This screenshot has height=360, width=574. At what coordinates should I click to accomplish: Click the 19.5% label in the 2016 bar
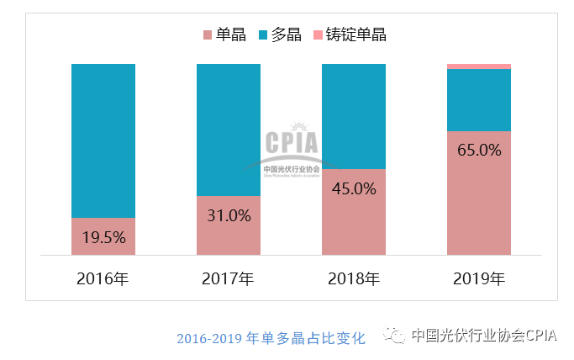coord(103,237)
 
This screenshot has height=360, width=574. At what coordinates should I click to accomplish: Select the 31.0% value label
coord(229,215)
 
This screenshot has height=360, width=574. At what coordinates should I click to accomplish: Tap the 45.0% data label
coord(354,188)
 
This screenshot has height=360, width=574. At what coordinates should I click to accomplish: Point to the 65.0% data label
coord(479,151)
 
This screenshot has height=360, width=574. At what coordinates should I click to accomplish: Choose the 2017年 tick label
coord(228,278)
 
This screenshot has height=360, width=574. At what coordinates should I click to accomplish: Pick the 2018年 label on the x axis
coord(354,278)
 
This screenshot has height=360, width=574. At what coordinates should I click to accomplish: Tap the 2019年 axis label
coord(479,278)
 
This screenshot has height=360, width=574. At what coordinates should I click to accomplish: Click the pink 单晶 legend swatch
coord(208,34)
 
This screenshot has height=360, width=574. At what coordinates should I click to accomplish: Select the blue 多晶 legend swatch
coord(265,34)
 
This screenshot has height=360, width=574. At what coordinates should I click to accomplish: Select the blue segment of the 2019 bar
coord(479,99)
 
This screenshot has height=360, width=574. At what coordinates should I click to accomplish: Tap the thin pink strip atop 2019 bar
coord(479,66)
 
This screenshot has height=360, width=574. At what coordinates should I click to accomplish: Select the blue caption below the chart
coord(271,338)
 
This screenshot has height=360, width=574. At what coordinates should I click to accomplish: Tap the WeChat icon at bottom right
coord(394,336)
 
